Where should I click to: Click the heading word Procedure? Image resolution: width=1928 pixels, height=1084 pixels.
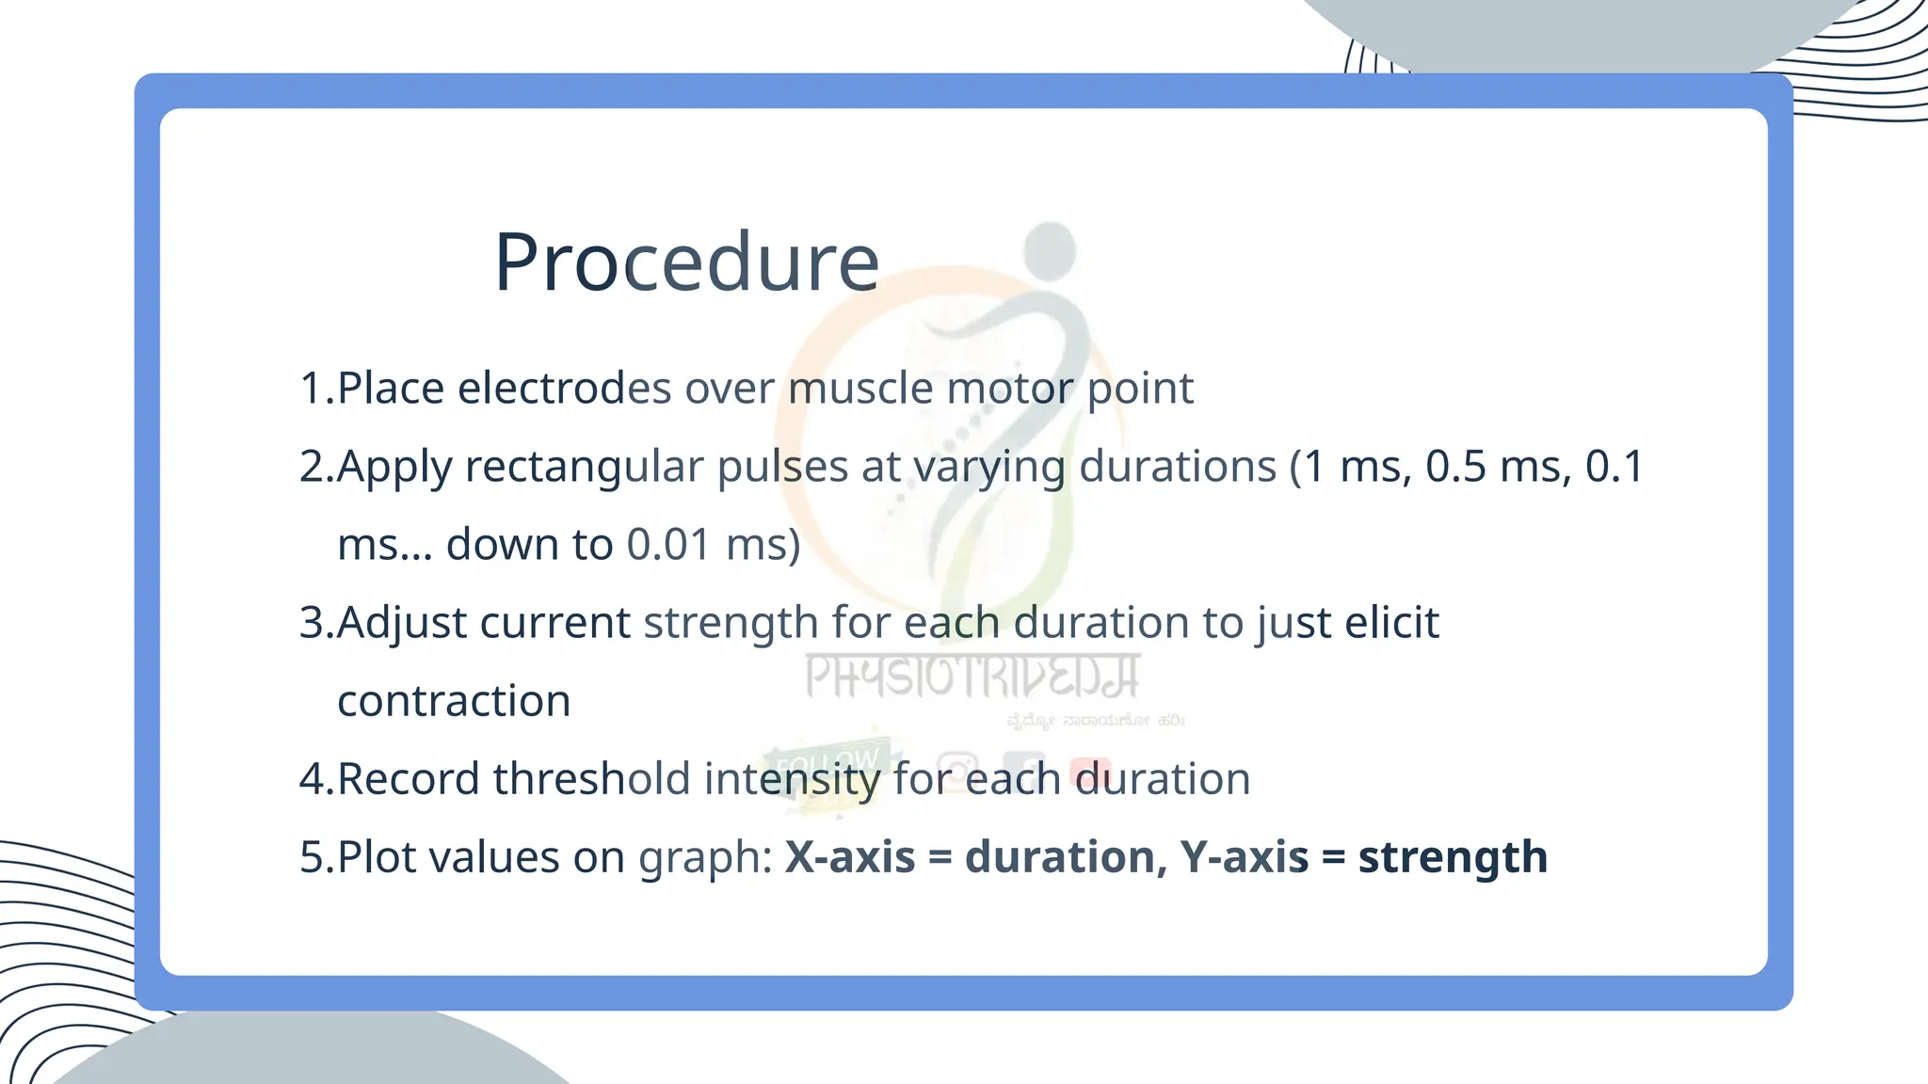(x=686, y=263)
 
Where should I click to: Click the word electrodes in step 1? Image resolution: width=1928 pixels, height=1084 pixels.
(x=564, y=388)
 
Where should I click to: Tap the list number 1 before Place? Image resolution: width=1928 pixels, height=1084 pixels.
(x=311, y=388)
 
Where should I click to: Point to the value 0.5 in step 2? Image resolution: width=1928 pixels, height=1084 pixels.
(x=1456, y=467)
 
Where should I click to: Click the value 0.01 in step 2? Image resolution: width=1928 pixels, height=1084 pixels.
(x=668, y=545)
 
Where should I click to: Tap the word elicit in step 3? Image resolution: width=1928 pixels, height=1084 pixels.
(x=1391, y=623)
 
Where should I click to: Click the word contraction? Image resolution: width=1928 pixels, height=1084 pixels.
(x=454, y=701)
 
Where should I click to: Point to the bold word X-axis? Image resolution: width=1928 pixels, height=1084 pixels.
(x=849, y=857)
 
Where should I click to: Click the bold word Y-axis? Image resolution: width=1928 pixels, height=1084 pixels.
(x=1244, y=857)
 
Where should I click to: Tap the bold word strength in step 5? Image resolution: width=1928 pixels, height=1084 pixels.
(x=1453, y=857)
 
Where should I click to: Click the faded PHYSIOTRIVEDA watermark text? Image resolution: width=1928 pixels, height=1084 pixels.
(x=972, y=677)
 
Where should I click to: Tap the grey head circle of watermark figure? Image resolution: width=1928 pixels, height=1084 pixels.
(x=1050, y=248)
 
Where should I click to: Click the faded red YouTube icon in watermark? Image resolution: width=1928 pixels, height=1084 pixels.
(x=1090, y=770)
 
